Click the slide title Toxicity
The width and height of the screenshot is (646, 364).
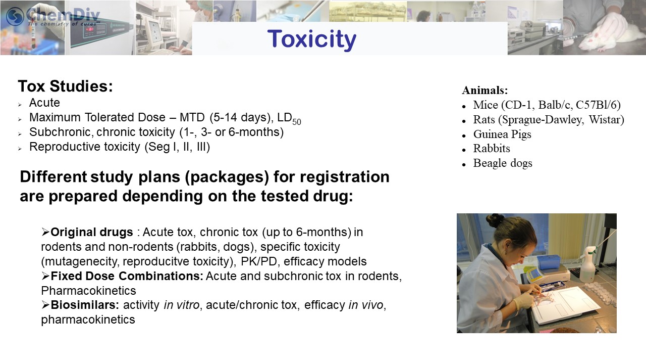(312, 39)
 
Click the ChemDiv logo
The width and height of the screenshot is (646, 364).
(53, 16)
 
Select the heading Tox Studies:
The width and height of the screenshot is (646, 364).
(66, 86)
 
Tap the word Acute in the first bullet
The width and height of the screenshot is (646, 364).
(44, 103)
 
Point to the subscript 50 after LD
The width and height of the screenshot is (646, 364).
(297, 122)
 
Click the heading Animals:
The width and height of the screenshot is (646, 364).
(485, 90)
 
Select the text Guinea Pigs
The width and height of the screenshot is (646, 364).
(502, 134)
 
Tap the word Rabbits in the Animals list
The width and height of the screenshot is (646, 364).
(492, 149)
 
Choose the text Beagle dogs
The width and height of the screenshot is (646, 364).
(503, 163)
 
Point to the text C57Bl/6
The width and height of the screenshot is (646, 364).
(598, 105)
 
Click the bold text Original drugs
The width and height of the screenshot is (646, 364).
(92, 232)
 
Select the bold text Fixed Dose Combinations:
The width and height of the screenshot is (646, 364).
(127, 276)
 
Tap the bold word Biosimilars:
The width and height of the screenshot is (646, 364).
(85, 305)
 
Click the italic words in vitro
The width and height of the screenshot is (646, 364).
(181, 305)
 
